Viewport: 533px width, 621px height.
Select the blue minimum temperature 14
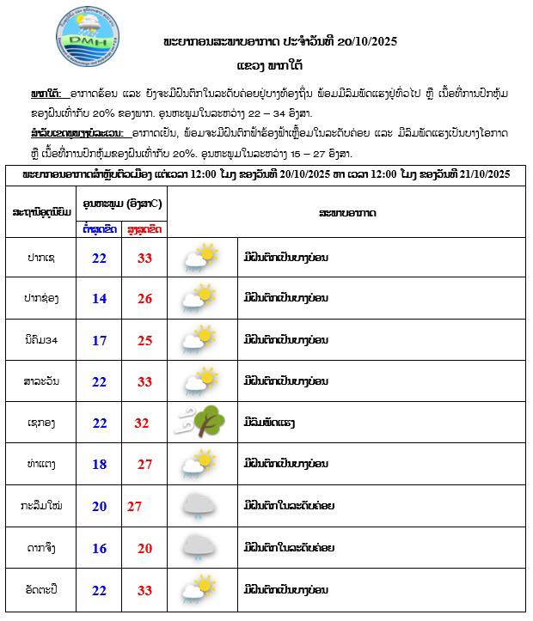coord(100,298)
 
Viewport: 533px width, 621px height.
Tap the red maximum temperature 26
coord(144,298)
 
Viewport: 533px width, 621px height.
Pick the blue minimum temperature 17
coord(100,339)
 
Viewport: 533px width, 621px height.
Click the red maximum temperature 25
coord(144,339)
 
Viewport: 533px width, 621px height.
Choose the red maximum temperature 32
coord(143,423)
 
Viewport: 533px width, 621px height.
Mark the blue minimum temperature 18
coord(100,464)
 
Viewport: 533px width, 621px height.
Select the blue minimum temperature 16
coord(100,547)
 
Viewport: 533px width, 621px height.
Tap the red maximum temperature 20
coord(144,547)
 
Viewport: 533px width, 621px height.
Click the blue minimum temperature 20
coord(100,506)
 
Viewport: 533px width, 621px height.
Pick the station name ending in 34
coord(42,339)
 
